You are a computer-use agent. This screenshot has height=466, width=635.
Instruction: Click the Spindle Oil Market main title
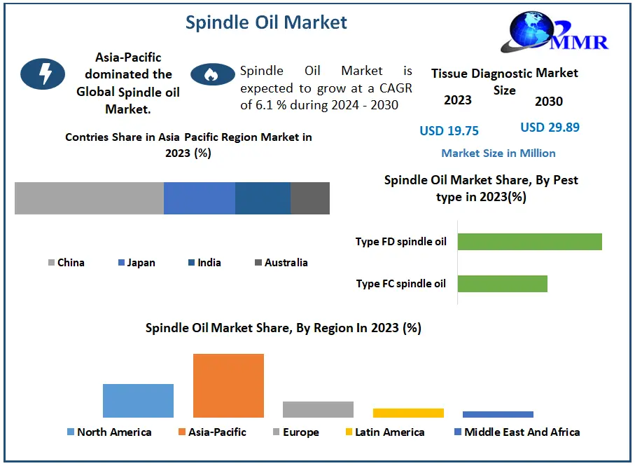pos(266,22)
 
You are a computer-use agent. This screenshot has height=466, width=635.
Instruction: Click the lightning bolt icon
pos(43,74)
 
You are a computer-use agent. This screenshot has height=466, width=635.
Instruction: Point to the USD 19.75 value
pos(449,131)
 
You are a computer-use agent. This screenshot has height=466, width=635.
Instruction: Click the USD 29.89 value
pos(550,128)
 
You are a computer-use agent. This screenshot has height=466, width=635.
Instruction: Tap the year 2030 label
pos(549,102)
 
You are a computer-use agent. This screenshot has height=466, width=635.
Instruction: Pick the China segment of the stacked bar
pos(89,198)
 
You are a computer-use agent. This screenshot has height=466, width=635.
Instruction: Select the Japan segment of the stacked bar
pos(200,198)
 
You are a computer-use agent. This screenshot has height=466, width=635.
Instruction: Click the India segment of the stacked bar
pos(263,198)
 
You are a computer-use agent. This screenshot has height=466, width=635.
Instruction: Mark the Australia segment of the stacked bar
pos(310,198)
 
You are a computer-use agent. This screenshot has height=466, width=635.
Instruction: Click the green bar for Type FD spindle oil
pos(530,242)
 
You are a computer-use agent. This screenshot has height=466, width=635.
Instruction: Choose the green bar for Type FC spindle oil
pos(503,284)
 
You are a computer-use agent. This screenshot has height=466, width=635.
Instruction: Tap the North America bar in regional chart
pos(138,401)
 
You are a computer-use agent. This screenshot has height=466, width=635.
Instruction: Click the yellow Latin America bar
pos(408,413)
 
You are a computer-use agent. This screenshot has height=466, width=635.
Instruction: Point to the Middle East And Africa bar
pos(498,414)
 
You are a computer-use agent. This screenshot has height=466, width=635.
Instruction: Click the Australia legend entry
pos(281,263)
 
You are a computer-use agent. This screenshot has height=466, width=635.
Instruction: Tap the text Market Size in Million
pos(498,153)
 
